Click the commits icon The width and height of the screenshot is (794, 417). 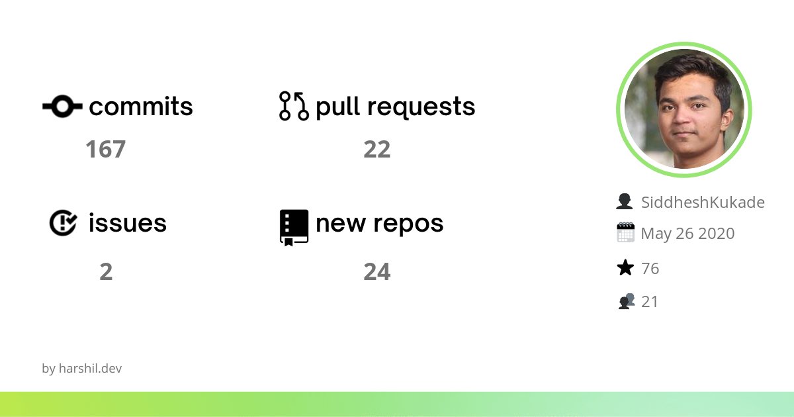62,106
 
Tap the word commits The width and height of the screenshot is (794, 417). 141,107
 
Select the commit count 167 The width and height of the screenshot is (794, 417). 105,150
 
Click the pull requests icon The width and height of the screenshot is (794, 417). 294,106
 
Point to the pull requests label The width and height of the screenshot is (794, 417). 395,107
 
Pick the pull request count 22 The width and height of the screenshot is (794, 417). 376,150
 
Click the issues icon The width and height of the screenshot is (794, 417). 64,223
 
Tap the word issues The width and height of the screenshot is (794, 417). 127,223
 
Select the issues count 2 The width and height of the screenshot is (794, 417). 106,272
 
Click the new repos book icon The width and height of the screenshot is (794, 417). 294,227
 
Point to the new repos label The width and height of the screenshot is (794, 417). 379,224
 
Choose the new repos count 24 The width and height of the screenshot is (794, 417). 376,272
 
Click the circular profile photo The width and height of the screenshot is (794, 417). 684,110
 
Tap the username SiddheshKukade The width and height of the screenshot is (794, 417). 702,203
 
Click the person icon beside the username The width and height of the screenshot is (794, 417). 625,202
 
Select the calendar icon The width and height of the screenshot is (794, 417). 625,233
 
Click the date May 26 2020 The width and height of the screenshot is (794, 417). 687,234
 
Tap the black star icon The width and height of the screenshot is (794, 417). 625,268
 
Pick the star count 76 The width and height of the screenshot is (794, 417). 650,268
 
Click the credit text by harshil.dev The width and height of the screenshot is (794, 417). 81,369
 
